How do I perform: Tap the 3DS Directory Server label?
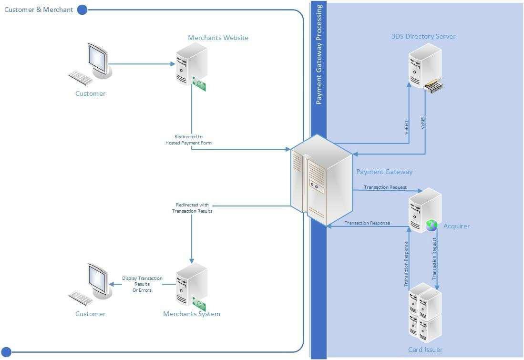pyautogui.click(x=423, y=36)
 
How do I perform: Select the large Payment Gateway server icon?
pyautogui.click(x=322, y=180)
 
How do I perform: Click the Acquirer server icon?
pyautogui.click(x=423, y=210)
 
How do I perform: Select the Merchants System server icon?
pyautogui.click(x=191, y=285)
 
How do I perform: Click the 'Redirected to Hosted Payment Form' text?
pyautogui.click(x=188, y=140)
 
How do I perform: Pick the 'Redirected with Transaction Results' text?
pyautogui.click(x=192, y=208)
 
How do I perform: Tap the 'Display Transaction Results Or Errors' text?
pyautogui.click(x=142, y=284)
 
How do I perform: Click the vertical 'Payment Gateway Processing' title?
pyautogui.click(x=319, y=54)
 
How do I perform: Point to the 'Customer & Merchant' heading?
pyautogui.click(x=39, y=10)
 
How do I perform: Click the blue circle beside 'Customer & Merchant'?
pyautogui.click(x=82, y=10)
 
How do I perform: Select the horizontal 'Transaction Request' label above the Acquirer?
pyautogui.click(x=385, y=187)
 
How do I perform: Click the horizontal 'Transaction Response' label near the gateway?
pyautogui.click(x=367, y=223)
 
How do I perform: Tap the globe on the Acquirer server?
pyautogui.click(x=432, y=225)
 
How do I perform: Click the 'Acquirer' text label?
pyautogui.click(x=456, y=226)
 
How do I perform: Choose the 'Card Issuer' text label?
pyautogui.click(x=425, y=350)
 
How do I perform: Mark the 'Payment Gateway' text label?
pyautogui.click(x=384, y=172)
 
